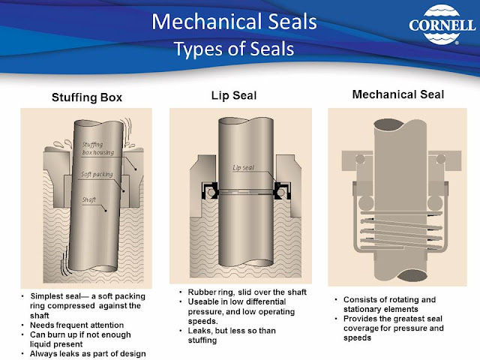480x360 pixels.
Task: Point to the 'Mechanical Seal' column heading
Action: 398,95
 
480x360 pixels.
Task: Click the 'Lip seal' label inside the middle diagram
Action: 244,167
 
